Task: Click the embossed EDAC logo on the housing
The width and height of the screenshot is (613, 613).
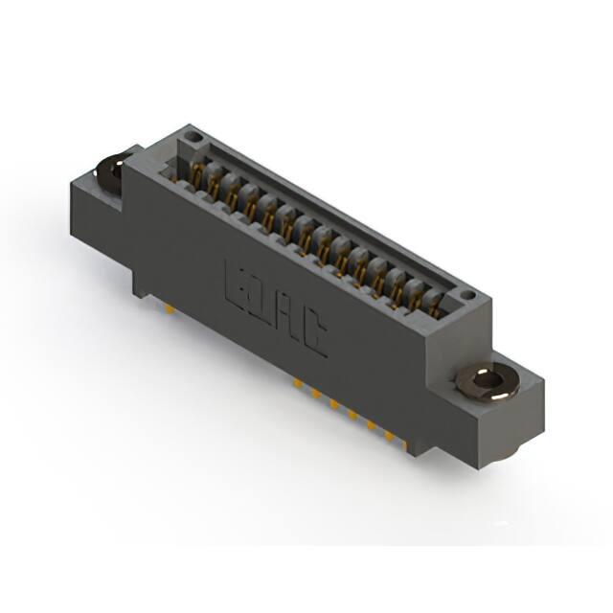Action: tap(277, 307)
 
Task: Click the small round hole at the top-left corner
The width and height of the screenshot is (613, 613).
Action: tap(193, 137)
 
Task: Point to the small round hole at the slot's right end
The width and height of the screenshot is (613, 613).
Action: tap(466, 294)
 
